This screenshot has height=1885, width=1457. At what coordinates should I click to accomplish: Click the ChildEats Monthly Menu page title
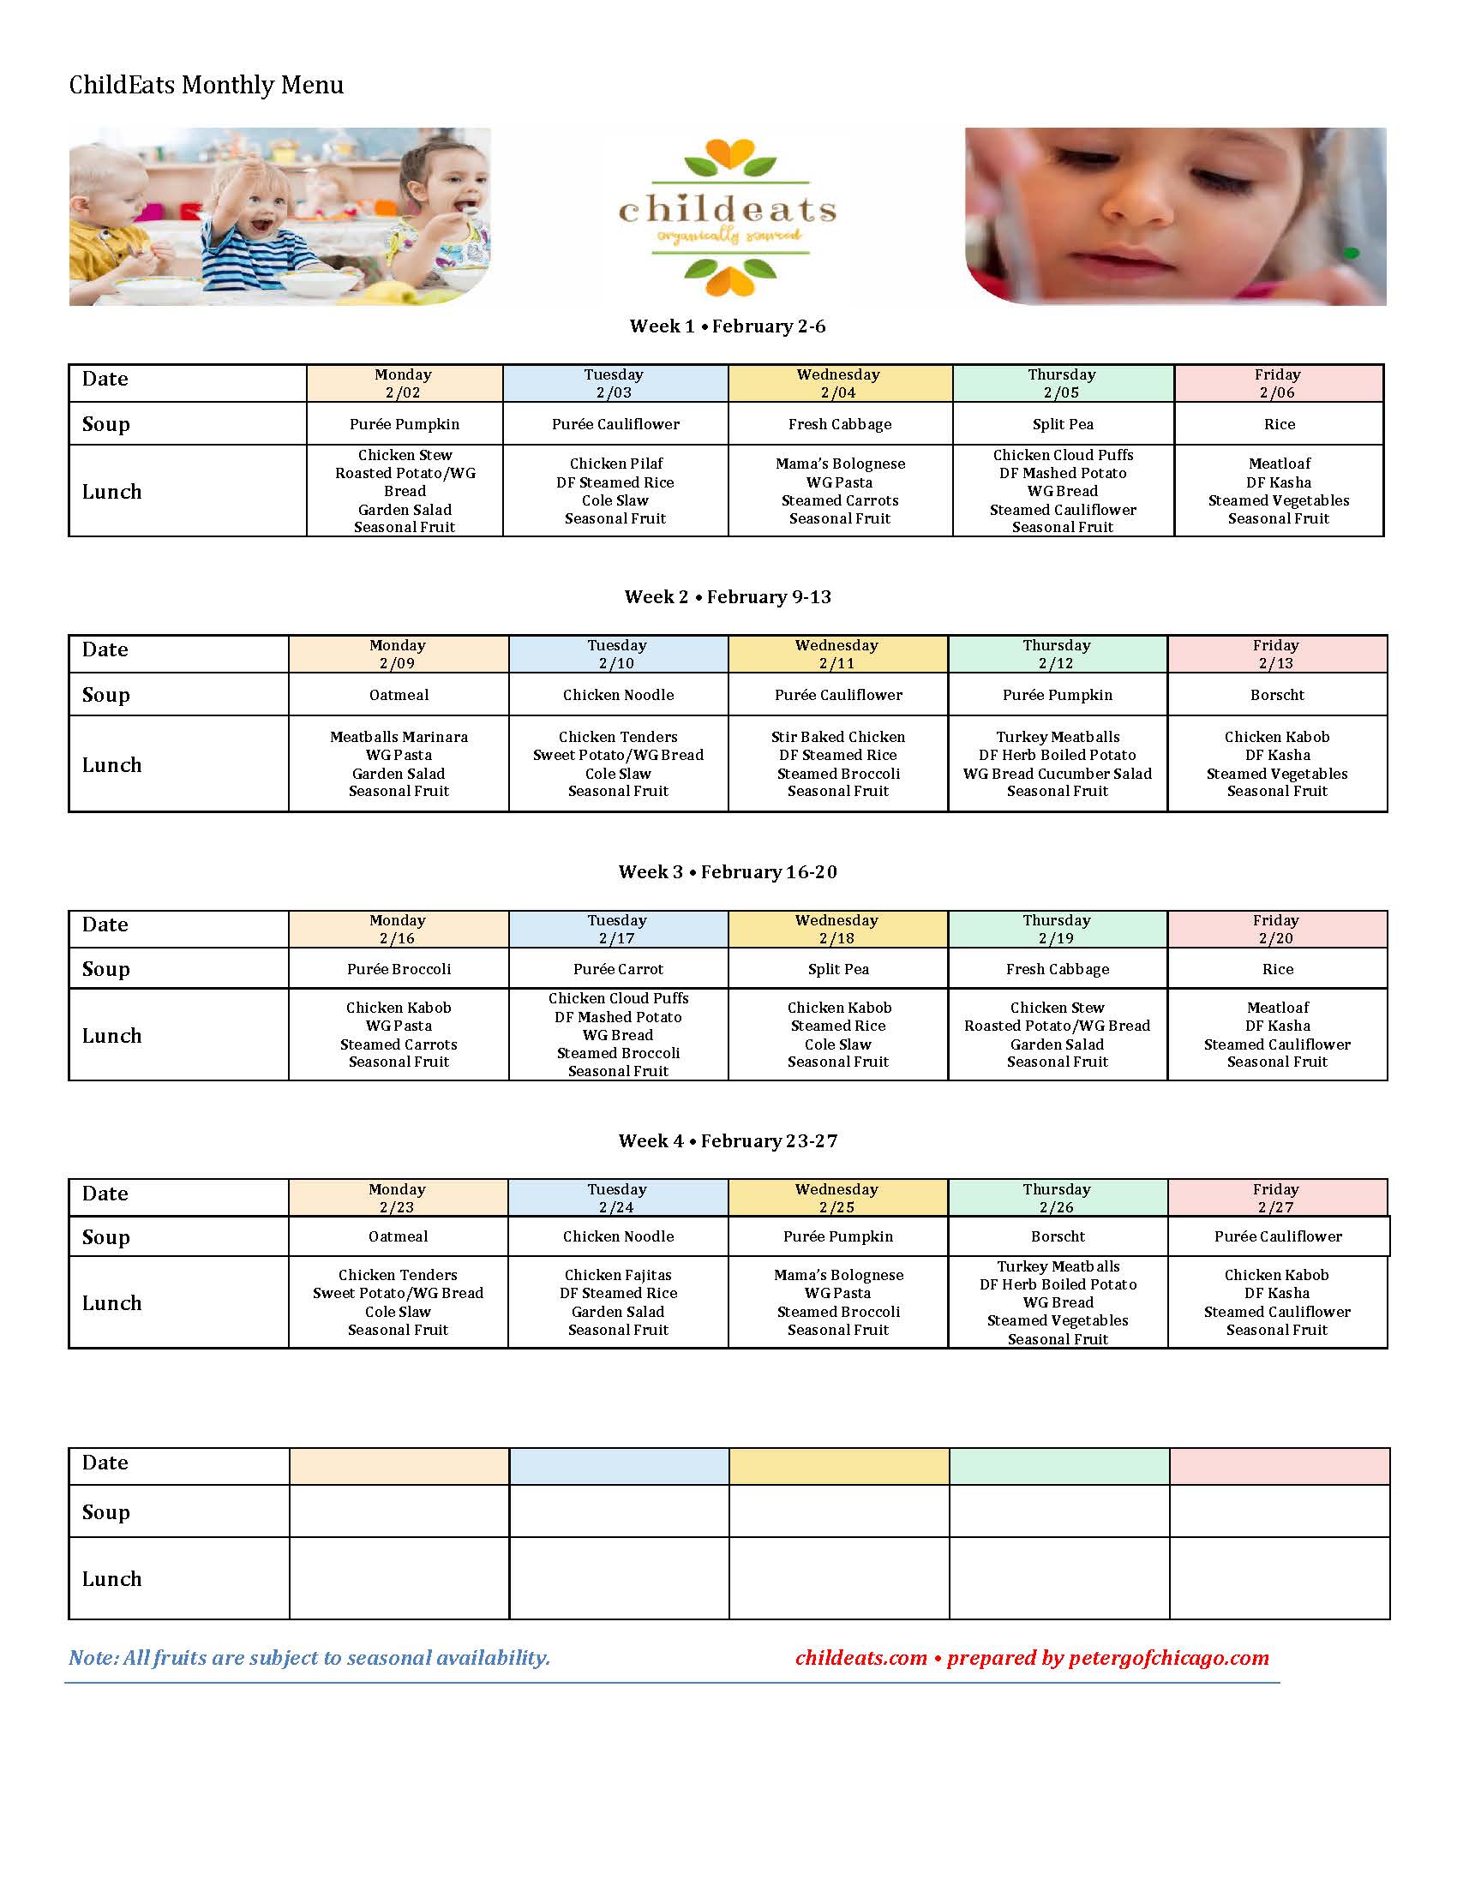tap(207, 85)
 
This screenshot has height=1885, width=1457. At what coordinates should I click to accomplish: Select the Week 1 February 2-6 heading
tap(727, 326)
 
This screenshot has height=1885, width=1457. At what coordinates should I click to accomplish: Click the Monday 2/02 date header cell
tap(404, 383)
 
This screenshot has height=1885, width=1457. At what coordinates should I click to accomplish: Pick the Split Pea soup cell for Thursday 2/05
tap(1063, 424)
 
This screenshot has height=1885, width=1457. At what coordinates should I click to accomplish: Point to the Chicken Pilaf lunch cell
tap(615, 490)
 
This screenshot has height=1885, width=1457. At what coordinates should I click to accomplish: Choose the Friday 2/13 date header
tap(1276, 655)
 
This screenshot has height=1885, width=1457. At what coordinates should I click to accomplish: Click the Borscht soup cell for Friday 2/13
tap(1277, 695)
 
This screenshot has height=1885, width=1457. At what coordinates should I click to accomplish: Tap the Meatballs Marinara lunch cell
tap(399, 763)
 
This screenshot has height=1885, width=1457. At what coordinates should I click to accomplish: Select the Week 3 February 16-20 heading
tap(727, 871)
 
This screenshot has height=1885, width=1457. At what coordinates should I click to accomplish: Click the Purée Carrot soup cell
tap(618, 969)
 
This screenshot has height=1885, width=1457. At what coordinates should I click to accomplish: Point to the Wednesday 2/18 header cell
tap(836, 930)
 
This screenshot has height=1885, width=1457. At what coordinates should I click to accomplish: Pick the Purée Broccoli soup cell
tap(399, 969)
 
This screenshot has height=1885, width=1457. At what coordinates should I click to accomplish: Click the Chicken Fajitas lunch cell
tap(618, 1302)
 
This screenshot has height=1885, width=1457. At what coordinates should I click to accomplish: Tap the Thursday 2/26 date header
tap(1057, 1198)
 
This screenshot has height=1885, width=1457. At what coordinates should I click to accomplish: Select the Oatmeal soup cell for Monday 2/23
tap(398, 1236)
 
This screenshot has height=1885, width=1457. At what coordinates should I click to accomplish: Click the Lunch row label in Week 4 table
tap(112, 1302)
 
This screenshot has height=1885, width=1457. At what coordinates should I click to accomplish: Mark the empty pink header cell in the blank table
tap(1279, 1466)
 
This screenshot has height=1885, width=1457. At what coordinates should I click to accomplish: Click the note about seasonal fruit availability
tap(309, 1658)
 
